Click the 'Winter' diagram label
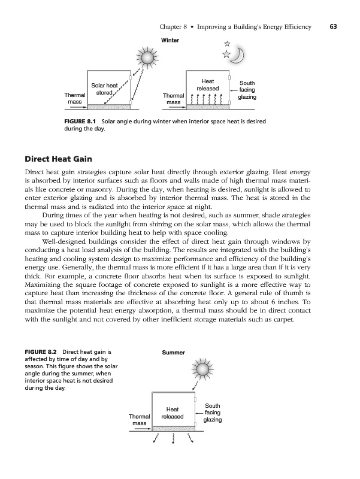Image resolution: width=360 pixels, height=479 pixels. tap(171, 40)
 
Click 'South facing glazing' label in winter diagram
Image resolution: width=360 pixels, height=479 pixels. tap(247, 89)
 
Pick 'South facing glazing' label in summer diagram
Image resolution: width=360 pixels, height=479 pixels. tap(213, 413)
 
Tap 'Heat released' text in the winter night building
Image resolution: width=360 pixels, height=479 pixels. tap(208, 84)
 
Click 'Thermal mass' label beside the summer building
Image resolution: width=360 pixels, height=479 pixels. tap(138, 420)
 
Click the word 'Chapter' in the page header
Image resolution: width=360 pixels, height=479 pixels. tap(173, 26)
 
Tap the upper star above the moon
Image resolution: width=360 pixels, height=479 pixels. tap(226, 44)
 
